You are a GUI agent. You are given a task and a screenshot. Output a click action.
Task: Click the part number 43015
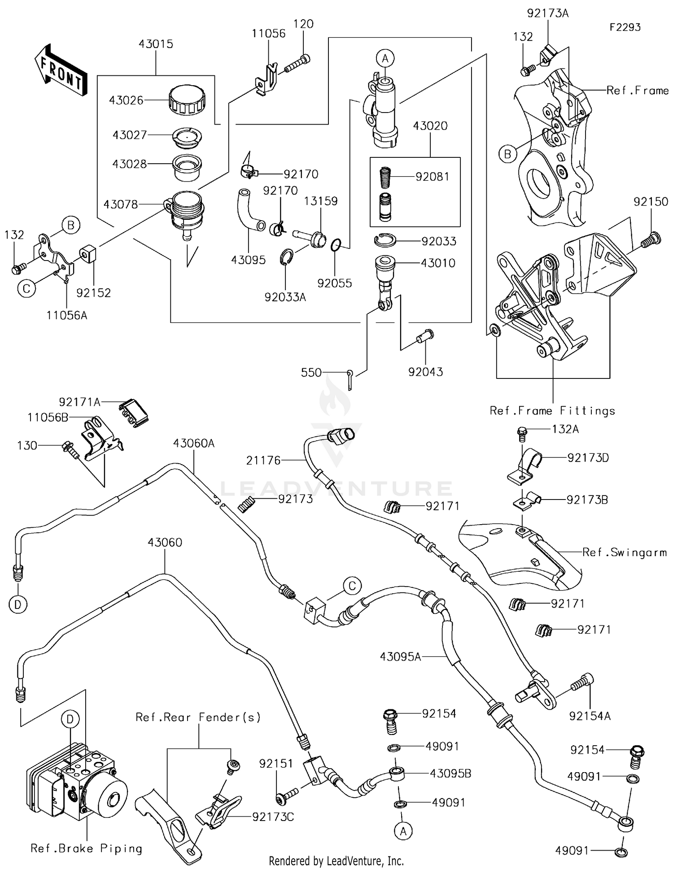pyautogui.click(x=156, y=44)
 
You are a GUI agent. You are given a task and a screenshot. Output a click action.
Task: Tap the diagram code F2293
pyautogui.click(x=625, y=27)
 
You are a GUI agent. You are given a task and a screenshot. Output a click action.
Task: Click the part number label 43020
pyautogui.click(x=430, y=126)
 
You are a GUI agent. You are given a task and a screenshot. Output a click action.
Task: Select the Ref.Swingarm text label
pyautogui.click(x=625, y=552)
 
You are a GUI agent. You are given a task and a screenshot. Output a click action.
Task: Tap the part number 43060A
pyautogui.click(x=194, y=443)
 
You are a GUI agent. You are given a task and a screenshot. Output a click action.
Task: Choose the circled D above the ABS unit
pyautogui.click(x=70, y=719)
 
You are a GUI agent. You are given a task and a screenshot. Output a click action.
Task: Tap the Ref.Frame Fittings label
pyautogui.click(x=552, y=411)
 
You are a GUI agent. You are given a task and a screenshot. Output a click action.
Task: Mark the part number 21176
pyautogui.click(x=263, y=461)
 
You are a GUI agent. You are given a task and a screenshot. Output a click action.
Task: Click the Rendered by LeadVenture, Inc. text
pyautogui.click(x=336, y=860)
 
